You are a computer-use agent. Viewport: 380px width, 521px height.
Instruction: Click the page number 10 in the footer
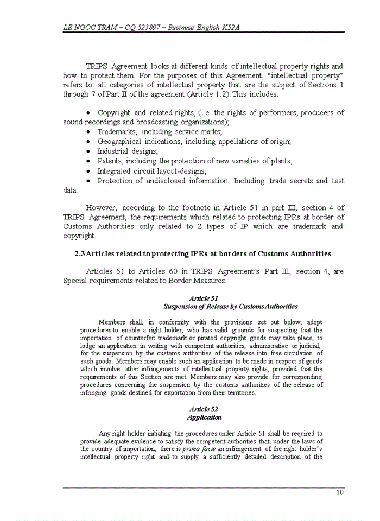pyautogui.click(x=340, y=492)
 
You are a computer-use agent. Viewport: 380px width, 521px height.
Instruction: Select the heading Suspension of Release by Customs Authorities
pyautogui.click(x=230, y=306)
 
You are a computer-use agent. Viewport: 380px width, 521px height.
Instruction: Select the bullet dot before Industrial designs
pyautogui.click(x=88, y=151)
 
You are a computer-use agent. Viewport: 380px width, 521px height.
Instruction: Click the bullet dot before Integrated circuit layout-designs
pyautogui.click(x=88, y=171)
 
